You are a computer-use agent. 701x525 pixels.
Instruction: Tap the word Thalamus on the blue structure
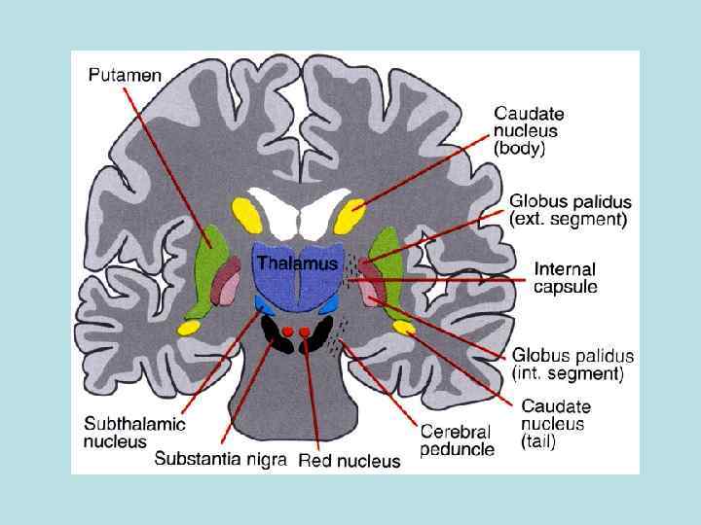tap(297, 263)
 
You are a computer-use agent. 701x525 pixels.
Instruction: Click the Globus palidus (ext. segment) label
tap(570, 210)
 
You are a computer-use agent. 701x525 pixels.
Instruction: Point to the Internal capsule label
tap(565, 277)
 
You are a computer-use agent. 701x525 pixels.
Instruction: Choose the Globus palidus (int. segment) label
tap(572, 364)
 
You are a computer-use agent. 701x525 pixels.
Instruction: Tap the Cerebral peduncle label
tap(456, 439)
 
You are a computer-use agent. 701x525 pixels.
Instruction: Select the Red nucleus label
tap(349, 460)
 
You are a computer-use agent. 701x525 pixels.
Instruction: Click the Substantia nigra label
tap(220, 459)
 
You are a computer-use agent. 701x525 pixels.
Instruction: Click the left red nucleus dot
tap(288, 332)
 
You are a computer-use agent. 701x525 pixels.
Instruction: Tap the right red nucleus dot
tap(305, 332)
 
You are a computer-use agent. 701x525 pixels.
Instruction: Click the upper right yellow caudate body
tap(350, 216)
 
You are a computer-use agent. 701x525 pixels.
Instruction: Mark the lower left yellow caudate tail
tap(188, 328)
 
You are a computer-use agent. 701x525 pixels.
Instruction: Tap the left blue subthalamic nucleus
tap(263, 304)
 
